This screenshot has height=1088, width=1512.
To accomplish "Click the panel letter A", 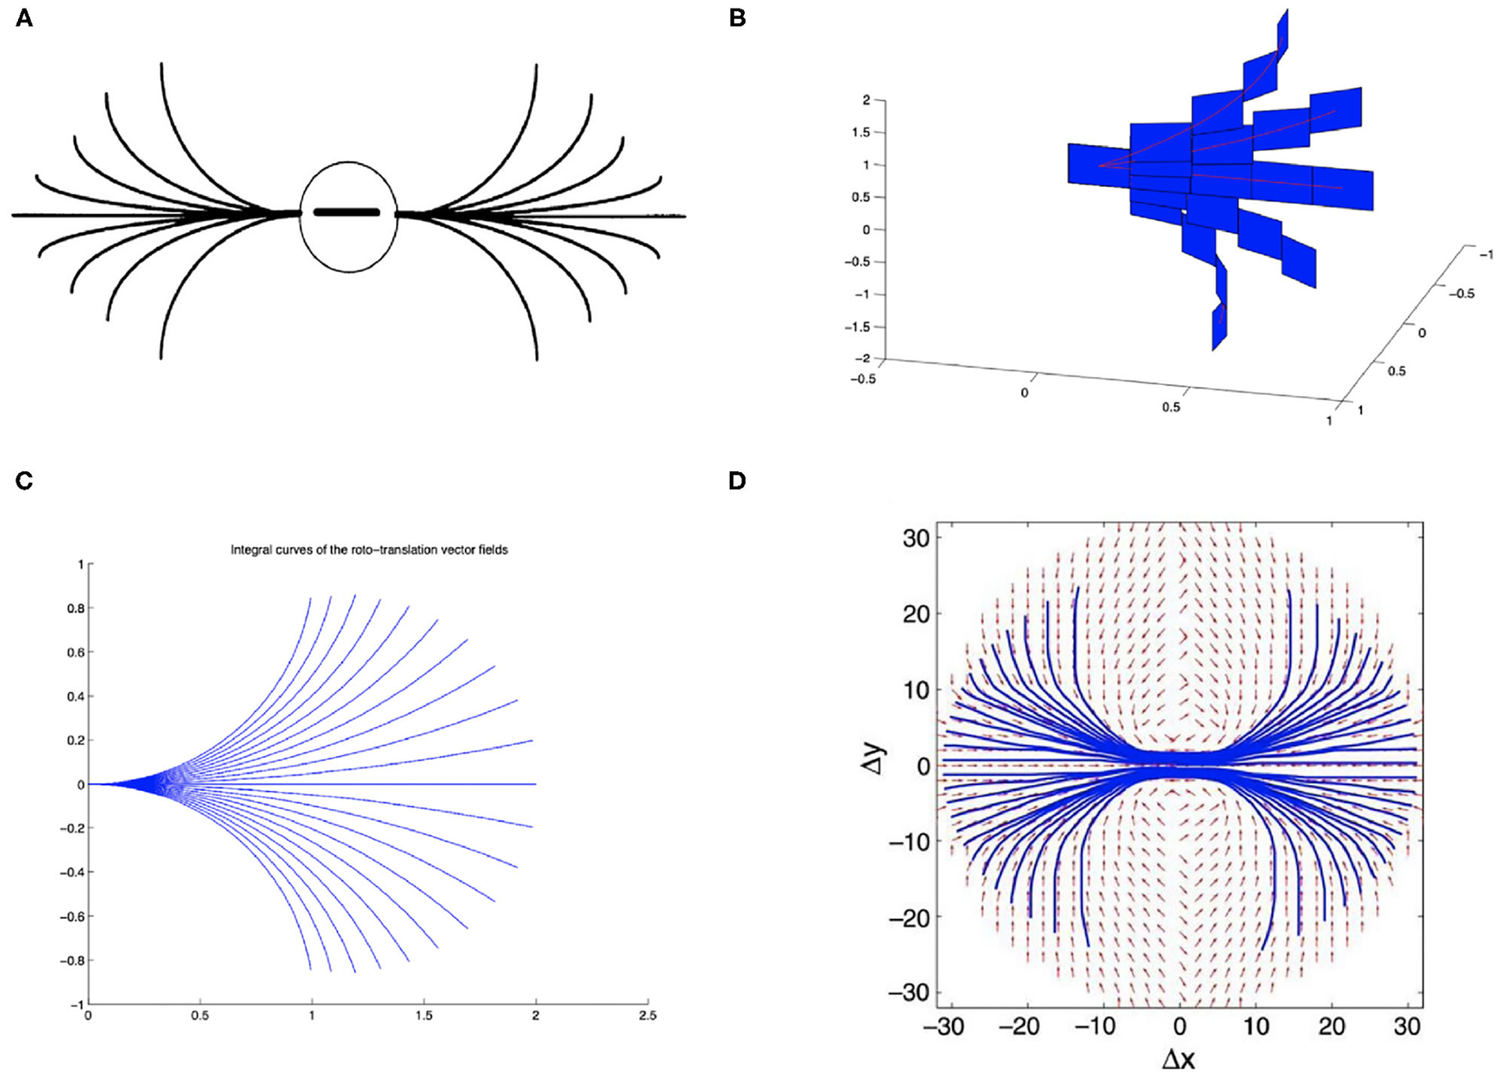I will tap(24, 18).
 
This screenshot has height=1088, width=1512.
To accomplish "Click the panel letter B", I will tap(737, 18).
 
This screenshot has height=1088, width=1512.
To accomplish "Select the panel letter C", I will tap(24, 481).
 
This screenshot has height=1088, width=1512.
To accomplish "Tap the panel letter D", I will tap(737, 481).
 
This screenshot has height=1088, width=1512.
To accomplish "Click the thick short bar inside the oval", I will tap(346, 212).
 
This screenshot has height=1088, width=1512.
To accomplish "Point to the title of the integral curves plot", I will tap(369, 550).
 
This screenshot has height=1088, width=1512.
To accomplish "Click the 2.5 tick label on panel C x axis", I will tap(648, 1016).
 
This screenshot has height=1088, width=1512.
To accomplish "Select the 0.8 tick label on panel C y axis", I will tap(75, 608).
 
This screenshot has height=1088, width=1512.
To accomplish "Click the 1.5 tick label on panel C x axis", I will tap(424, 1016).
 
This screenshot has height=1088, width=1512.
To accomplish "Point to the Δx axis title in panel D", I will tap(1178, 1061).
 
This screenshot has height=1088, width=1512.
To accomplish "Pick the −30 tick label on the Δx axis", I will tap(944, 1027).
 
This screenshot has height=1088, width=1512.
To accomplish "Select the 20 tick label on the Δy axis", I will tap(916, 614).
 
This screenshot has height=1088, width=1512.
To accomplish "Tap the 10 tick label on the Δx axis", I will tap(1256, 1027).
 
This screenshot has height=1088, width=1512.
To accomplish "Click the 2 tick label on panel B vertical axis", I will tap(866, 101).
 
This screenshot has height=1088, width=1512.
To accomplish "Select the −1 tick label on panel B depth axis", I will tap(1486, 255).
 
